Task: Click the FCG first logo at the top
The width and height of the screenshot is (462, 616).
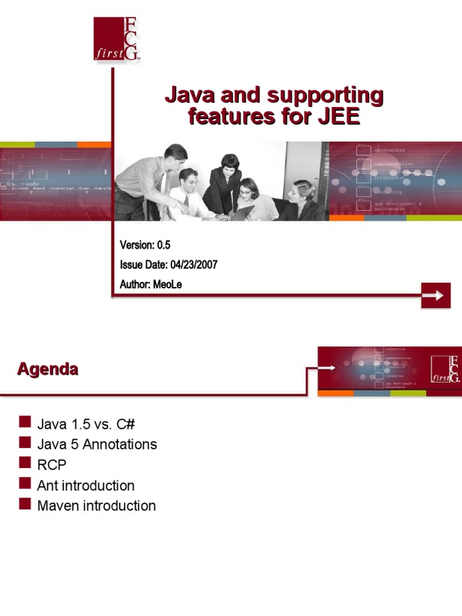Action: (117, 38)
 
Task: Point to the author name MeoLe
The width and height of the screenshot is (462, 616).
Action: (168, 285)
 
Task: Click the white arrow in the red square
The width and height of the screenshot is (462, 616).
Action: (436, 295)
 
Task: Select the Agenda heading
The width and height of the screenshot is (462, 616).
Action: (48, 369)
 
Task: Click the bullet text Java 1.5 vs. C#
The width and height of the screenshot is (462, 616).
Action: (86, 424)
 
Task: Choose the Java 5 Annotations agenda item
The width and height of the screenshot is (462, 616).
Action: (97, 445)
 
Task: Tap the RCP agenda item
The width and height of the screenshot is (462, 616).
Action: (52, 465)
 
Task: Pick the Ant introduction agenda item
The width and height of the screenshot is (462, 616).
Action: (85, 485)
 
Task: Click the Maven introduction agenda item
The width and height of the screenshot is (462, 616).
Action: (96, 506)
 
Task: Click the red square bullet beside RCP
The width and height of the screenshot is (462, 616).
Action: (25, 464)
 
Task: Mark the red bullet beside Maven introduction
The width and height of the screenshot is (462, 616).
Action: (25, 505)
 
